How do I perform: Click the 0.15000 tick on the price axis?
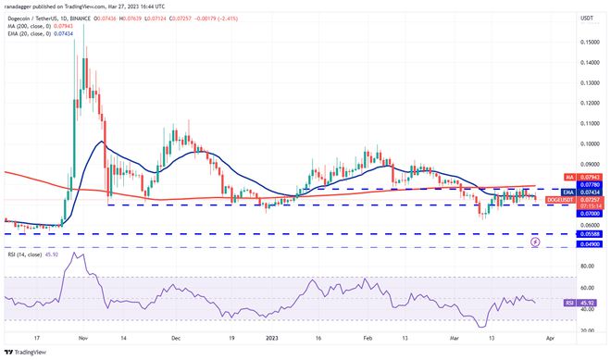tap(587, 42)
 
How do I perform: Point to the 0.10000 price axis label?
tap(587, 143)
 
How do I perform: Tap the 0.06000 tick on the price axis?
tap(587, 225)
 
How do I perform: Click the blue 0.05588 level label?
tap(587, 235)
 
